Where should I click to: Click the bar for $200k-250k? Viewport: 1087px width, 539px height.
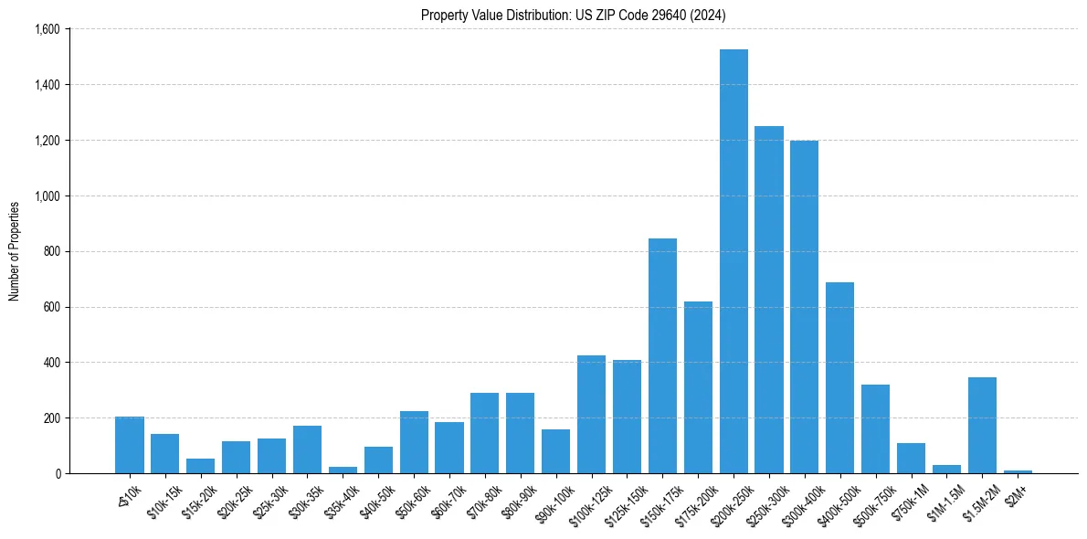click(x=733, y=261)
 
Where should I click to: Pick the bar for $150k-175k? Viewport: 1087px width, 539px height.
click(x=662, y=356)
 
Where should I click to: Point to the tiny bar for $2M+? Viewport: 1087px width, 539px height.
click(x=1018, y=471)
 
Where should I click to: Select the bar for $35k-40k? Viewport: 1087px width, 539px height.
click(x=343, y=470)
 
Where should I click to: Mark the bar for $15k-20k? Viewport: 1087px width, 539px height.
click(x=200, y=466)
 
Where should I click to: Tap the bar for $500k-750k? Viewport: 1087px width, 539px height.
click(x=875, y=428)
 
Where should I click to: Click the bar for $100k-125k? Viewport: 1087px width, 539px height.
click(x=591, y=414)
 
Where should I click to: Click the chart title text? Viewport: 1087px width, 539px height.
click(x=574, y=16)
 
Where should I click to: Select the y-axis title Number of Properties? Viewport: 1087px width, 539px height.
click(x=15, y=251)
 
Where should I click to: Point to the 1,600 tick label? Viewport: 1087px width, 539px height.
click(x=46, y=29)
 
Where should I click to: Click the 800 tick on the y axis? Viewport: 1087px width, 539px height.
click(x=51, y=251)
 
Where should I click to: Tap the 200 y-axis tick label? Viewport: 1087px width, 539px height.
click(x=51, y=418)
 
